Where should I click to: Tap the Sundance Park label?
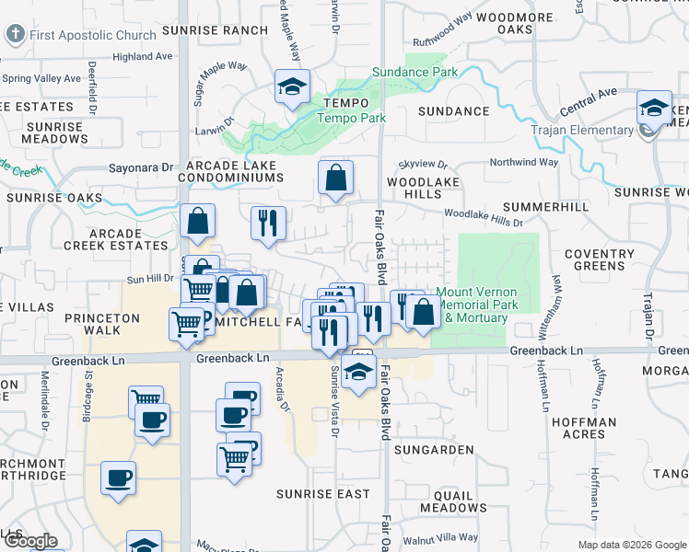click(x=415, y=72)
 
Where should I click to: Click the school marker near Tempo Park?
click(x=292, y=87)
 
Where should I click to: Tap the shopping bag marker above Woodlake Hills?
click(x=336, y=177)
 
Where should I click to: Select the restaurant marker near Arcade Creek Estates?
click(x=268, y=223)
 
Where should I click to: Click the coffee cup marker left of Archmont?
click(x=118, y=478)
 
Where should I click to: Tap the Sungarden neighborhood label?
click(x=434, y=450)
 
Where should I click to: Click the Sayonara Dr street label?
click(x=141, y=168)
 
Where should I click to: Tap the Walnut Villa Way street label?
click(x=446, y=536)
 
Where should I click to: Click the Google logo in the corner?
click(x=29, y=541)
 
